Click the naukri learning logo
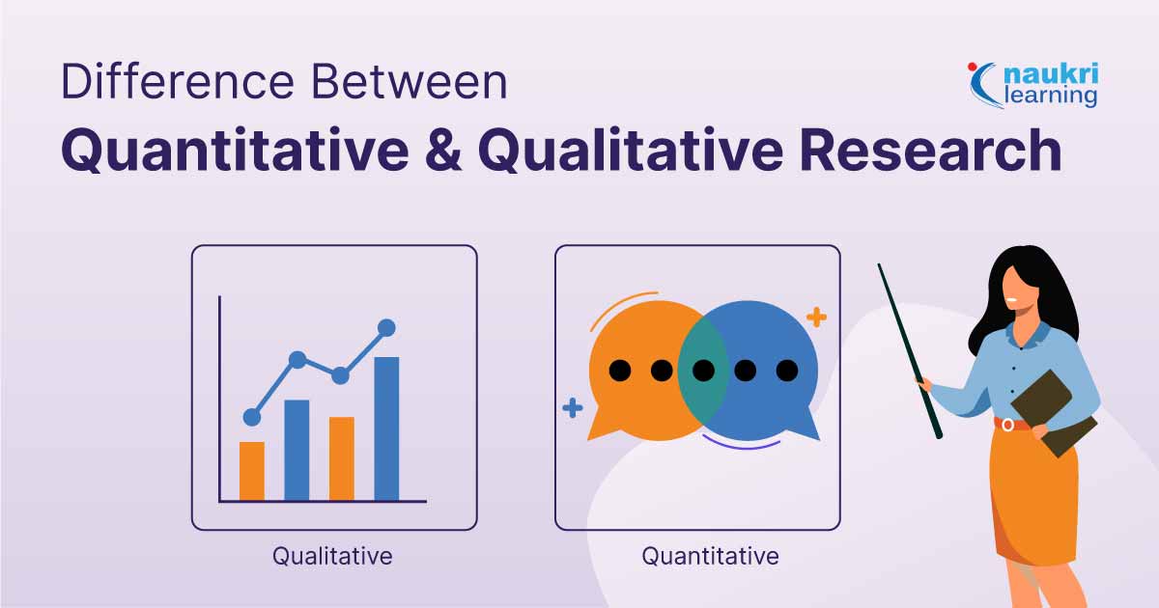coord(1034,84)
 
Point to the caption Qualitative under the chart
coord(332,557)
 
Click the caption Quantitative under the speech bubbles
coord(710,557)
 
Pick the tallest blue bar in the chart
coord(386,428)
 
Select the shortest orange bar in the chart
coord(251,471)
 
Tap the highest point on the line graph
coord(386,328)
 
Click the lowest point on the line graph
coord(252,417)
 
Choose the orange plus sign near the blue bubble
coord(816,317)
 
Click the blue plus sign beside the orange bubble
coord(573,408)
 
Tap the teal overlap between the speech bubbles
coord(703,369)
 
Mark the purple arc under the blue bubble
coord(741,446)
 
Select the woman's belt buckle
coord(1007,425)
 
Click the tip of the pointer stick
coord(880,266)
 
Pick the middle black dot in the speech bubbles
coord(703,370)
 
